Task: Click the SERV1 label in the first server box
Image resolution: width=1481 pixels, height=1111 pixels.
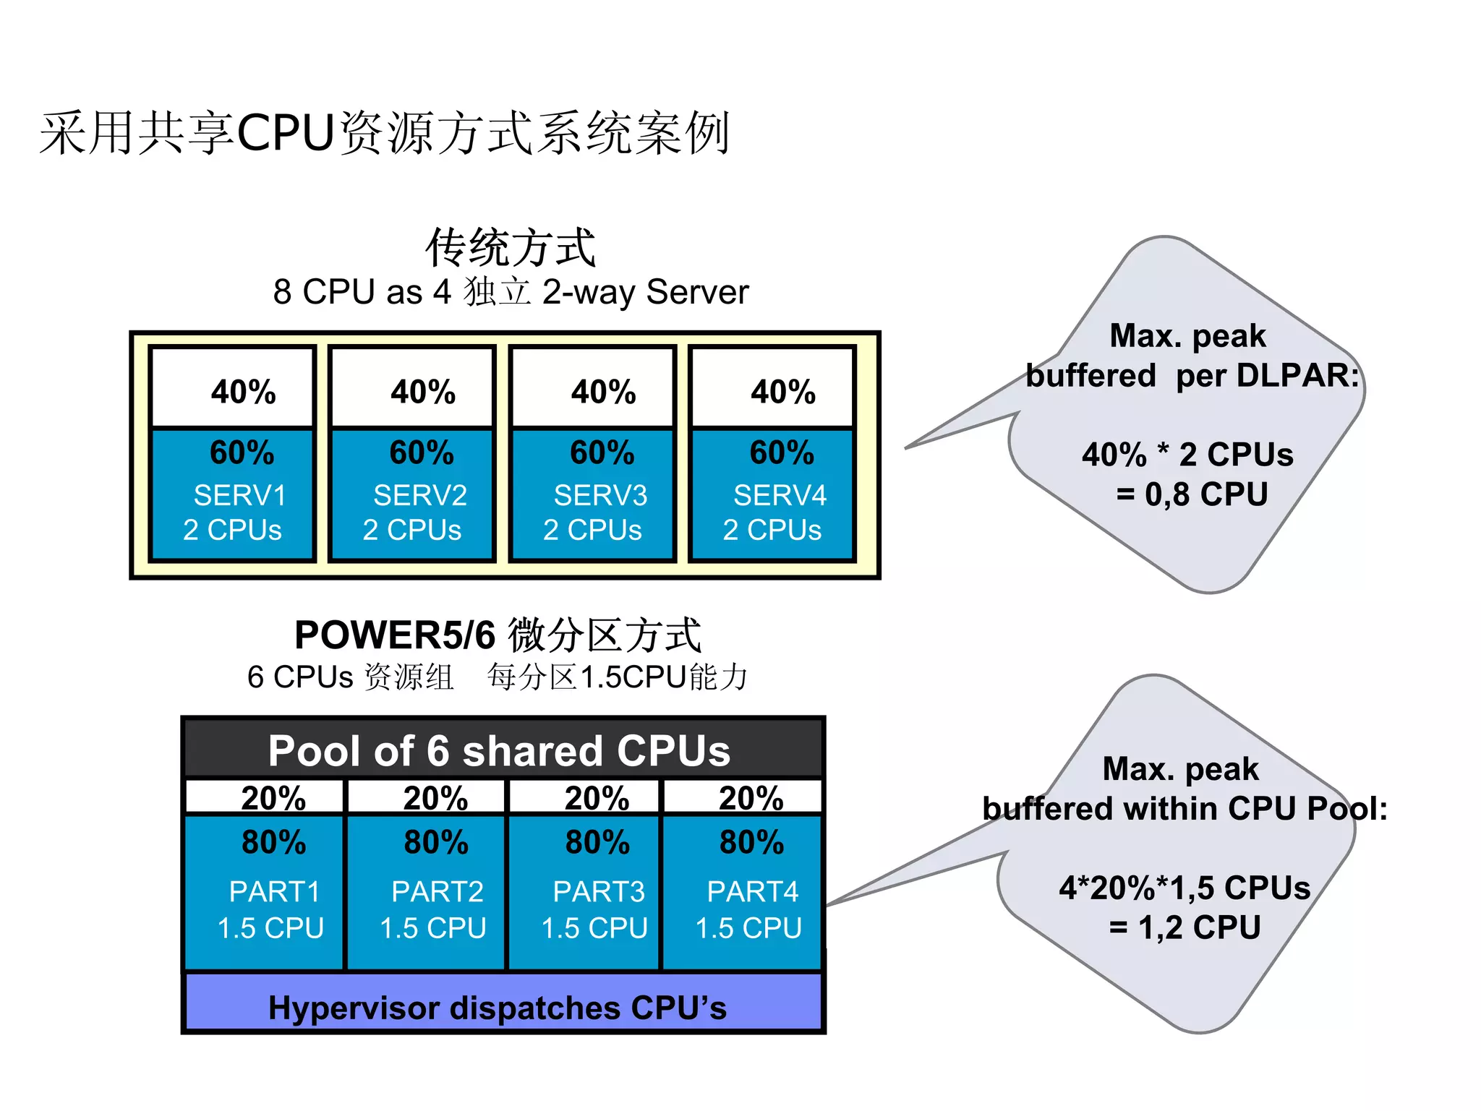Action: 240,496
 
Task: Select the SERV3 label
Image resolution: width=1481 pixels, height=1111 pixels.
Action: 600,496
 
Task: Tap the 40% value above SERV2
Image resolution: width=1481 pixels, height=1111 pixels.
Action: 423,392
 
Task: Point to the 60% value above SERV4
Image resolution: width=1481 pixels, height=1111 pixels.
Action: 782,453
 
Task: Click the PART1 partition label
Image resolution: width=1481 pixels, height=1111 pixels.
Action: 274,892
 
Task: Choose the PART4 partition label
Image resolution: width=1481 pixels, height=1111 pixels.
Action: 752,892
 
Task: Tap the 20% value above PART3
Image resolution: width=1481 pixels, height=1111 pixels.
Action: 597,799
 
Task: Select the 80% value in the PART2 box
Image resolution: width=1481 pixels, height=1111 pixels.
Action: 436,843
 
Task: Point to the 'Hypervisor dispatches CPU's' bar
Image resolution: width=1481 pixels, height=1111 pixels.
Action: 498,1008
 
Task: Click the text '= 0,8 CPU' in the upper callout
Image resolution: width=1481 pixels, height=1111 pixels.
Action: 1192,494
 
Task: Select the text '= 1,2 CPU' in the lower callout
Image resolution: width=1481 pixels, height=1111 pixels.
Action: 1185,927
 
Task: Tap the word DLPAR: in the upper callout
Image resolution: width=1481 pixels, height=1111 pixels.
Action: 1297,376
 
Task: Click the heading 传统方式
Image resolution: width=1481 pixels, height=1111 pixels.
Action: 511,248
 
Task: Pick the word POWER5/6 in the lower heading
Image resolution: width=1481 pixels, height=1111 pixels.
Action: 395,635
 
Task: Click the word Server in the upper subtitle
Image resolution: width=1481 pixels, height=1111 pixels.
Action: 697,292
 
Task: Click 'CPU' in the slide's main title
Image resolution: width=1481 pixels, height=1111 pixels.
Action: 286,133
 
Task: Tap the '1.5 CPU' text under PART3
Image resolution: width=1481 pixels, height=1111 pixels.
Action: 594,928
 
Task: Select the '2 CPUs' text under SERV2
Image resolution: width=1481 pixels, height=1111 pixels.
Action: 411,531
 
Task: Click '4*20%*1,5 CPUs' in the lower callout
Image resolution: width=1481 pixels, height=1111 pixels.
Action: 1185,888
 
